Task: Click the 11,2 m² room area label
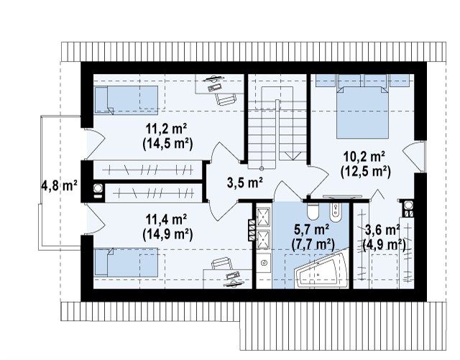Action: (x=166, y=129)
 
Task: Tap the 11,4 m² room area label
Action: (x=166, y=219)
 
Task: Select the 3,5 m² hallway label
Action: (x=244, y=183)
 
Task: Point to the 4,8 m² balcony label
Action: (x=60, y=185)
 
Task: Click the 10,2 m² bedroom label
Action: (x=364, y=157)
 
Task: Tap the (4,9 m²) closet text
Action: (x=385, y=244)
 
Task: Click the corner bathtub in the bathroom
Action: (x=322, y=268)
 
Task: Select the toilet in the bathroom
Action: (x=313, y=211)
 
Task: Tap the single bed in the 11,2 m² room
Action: (x=126, y=100)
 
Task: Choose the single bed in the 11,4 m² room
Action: (x=126, y=262)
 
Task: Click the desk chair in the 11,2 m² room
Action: (x=226, y=98)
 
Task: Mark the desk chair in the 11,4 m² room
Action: (x=221, y=264)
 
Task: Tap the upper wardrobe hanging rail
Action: (x=147, y=170)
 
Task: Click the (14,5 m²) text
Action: (x=167, y=144)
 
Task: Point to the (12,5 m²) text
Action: (x=366, y=172)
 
